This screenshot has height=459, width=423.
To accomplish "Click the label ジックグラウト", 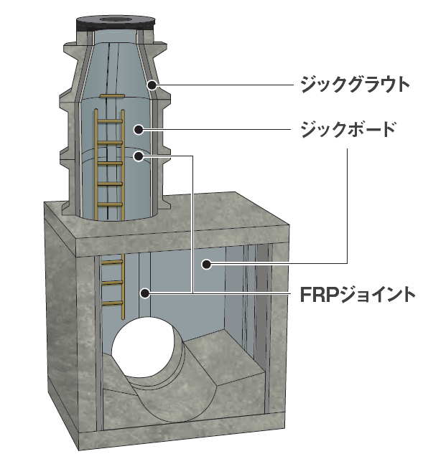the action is [355, 85].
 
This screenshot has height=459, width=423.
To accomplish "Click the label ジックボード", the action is [348, 129].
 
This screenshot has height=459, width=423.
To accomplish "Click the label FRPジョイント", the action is [358, 294].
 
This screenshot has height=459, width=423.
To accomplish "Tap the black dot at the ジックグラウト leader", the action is [152, 85].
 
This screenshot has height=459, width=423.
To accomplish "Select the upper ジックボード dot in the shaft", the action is [139, 129].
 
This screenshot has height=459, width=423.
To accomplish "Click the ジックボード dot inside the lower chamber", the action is [207, 265].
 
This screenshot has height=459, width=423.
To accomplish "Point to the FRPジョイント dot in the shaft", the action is [139, 156].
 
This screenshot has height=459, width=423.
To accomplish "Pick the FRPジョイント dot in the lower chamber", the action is [145, 293].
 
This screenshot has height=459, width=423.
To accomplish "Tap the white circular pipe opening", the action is [143, 347].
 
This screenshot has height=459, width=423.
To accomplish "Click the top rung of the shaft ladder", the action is [110, 121].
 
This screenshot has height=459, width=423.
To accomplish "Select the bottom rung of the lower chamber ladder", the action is [112, 303].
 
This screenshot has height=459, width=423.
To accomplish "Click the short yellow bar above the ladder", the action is [112, 95].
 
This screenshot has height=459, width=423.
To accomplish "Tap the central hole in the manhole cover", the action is [115, 19].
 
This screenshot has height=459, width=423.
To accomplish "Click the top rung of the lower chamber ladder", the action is [112, 262].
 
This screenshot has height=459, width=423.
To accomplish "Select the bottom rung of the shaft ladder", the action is [110, 204].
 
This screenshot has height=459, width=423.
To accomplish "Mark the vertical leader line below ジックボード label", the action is [348, 206].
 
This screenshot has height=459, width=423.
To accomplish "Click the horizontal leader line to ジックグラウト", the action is [225, 85].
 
